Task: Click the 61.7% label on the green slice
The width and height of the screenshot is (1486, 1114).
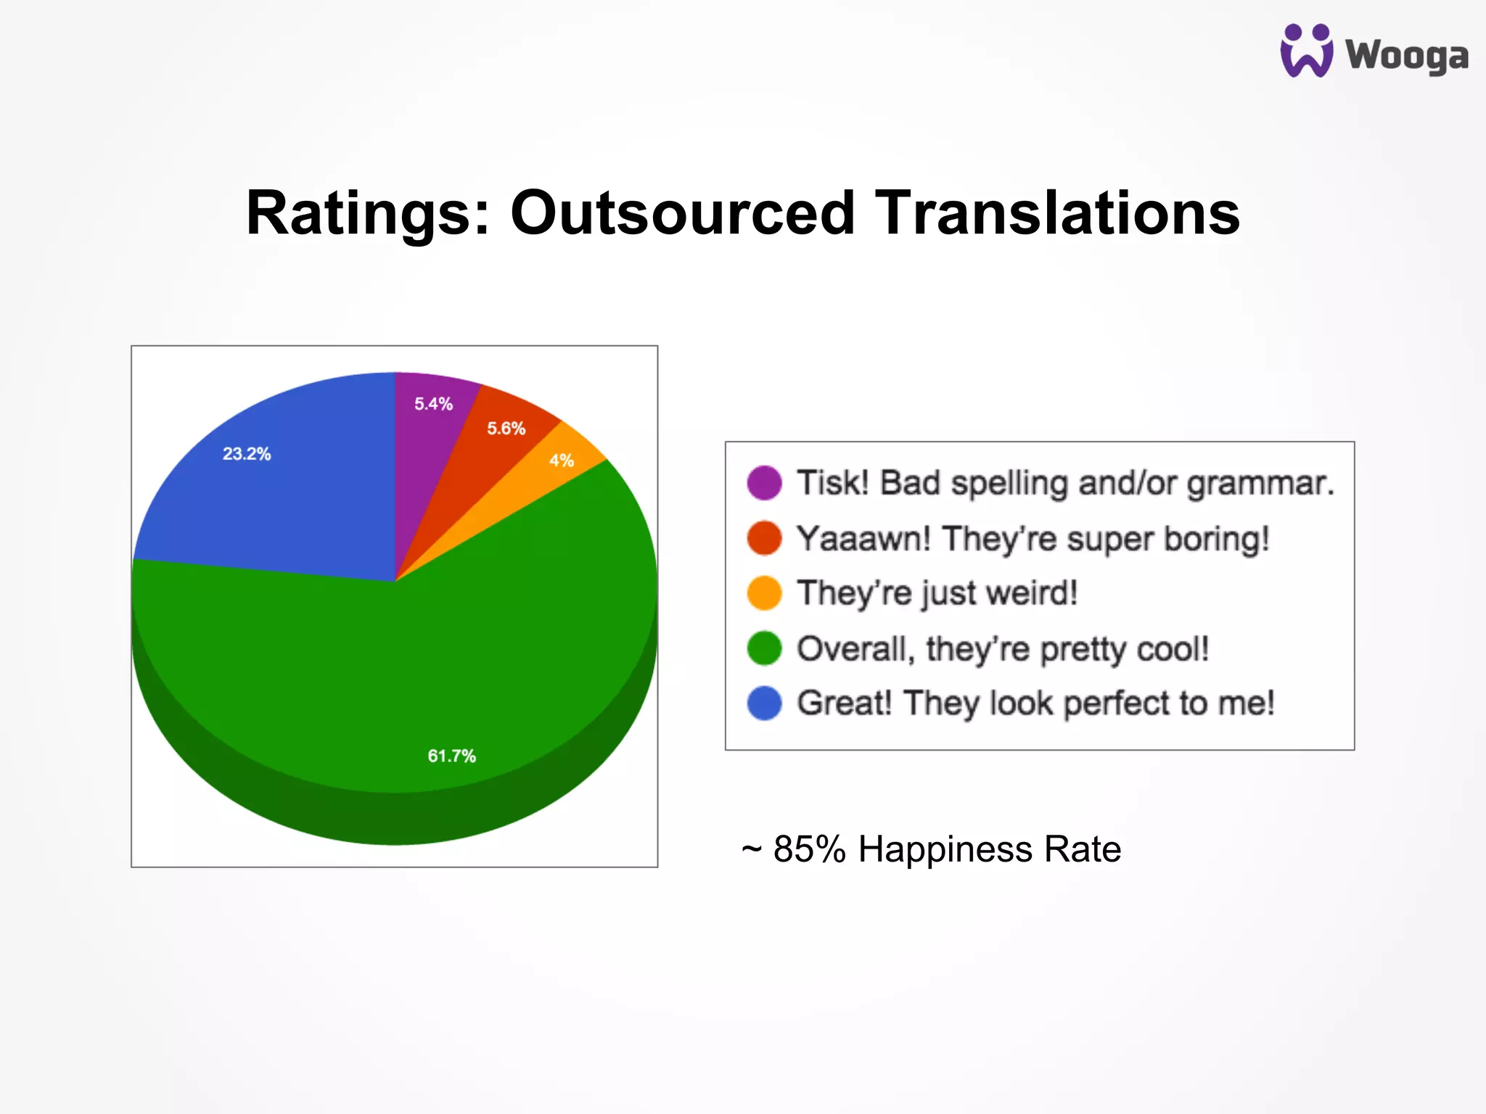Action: pyautogui.click(x=451, y=756)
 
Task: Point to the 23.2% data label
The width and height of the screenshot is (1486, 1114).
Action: pyautogui.click(x=247, y=454)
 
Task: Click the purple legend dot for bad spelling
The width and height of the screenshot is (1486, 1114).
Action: pyautogui.click(x=764, y=483)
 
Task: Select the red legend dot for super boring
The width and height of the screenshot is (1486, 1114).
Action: pyautogui.click(x=764, y=538)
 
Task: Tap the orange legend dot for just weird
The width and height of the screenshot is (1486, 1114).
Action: pyautogui.click(x=764, y=593)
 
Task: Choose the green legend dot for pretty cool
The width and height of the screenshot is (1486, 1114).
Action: pyautogui.click(x=764, y=648)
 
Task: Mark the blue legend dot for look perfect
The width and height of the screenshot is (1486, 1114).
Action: pyautogui.click(x=764, y=704)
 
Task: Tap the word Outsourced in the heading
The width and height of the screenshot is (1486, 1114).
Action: pyautogui.click(x=683, y=213)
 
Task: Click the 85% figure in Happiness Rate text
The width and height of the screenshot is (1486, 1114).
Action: pyautogui.click(x=809, y=849)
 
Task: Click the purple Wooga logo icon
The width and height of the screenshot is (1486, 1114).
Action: pyautogui.click(x=1306, y=51)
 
